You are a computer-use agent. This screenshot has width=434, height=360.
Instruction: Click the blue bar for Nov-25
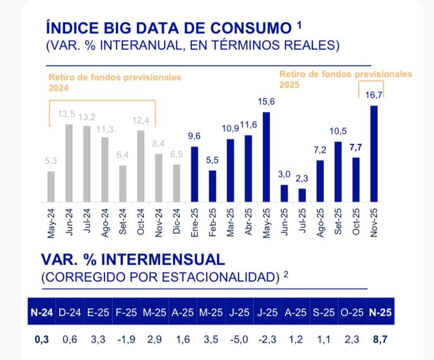click(x=374, y=154)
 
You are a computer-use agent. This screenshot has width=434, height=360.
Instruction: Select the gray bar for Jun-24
click(x=68, y=164)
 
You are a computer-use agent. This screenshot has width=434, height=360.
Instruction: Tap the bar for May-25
click(x=266, y=157)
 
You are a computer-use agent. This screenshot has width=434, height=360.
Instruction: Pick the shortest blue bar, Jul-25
click(x=302, y=195)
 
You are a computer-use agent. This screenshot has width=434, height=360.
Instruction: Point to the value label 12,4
click(x=141, y=119)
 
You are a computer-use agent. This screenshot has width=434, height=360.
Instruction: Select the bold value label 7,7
click(x=356, y=147)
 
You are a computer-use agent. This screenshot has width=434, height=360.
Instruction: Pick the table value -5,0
click(x=238, y=340)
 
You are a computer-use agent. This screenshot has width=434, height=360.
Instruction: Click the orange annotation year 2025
click(x=290, y=85)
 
